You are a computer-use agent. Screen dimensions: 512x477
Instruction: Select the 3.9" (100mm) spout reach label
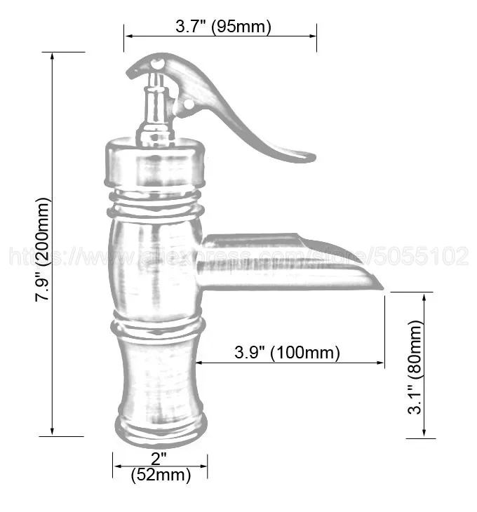[x=287, y=352]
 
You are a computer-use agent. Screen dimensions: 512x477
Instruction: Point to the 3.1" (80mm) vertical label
[x=418, y=367]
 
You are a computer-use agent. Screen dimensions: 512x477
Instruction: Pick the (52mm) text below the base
[x=161, y=476]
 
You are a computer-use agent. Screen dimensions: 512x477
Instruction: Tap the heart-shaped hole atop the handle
[x=159, y=65]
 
